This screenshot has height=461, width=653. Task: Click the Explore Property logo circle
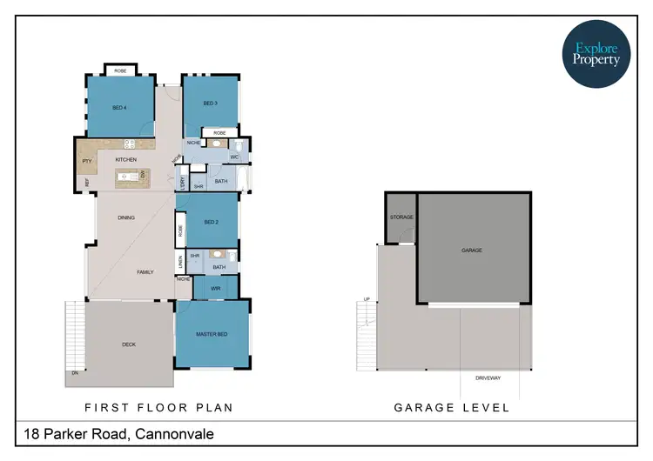pyautogui.click(x=596, y=55)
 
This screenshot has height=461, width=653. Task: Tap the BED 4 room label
pyautogui.click(x=119, y=108)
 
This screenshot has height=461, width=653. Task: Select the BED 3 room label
pyautogui.click(x=210, y=104)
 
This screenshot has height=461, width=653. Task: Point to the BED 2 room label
pyautogui.click(x=210, y=222)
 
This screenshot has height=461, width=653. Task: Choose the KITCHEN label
pyautogui.click(x=125, y=160)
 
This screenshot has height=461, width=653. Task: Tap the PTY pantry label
pyautogui.click(x=87, y=161)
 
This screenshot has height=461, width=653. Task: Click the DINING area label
pyautogui.click(x=126, y=217)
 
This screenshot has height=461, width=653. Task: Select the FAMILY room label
pyautogui.click(x=145, y=272)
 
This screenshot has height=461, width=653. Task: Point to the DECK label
pyautogui.click(x=129, y=344)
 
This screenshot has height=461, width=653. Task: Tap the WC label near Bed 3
pyautogui.click(x=234, y=157)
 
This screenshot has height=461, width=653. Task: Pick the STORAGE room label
pyautogui.click(x=401, y=217)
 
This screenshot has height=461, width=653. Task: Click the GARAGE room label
pyautogui.click(x=472, y=251)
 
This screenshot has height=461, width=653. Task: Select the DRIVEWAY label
pyautogui.click(x=488, y=378)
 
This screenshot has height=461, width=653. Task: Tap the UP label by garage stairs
pyautogui.click(x=367, y=300)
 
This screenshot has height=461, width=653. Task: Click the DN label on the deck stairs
pyautogui.click(x=76, y=373)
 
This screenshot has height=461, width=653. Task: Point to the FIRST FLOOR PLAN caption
pyautogui.click(x=158, y=407)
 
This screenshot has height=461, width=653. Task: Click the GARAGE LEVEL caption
pyautogui.click(x=452, y=407)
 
